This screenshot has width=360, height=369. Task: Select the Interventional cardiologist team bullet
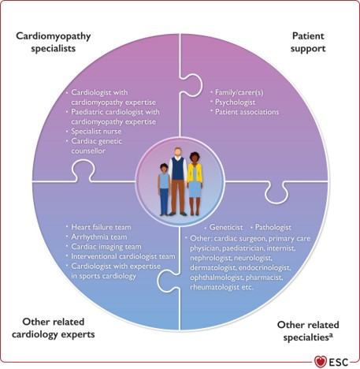(x=121, y=257)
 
